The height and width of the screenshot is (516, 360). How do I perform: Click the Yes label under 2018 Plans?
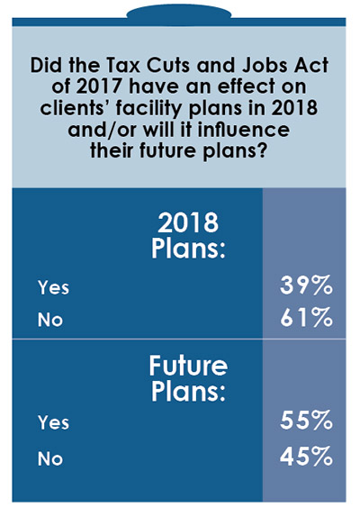point(53,288)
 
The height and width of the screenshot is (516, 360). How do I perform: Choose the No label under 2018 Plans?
point(49,318)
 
